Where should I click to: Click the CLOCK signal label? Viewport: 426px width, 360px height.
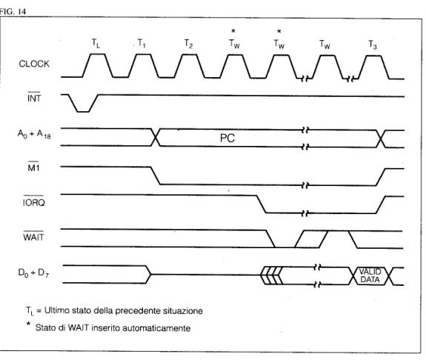click(34, 64)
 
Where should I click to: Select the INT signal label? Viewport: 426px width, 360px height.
click(34, 98)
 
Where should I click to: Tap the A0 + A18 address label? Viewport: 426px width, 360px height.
click(34, 134)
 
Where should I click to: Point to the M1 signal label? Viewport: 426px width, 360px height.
click(33, 167)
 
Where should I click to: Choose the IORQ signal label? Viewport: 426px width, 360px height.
click(33, 201)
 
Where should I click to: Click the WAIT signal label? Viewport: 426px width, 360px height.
click(33, 236)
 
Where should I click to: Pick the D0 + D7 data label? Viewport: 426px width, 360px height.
click(33, 273)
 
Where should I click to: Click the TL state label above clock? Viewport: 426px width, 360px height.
click(96, 43)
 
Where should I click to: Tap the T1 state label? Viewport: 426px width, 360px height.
click(142, 43)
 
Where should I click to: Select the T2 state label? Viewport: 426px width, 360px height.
click(188, 44)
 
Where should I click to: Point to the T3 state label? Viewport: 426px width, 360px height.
click(373, 44)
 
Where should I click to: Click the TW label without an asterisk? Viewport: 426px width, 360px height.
click(325, 44)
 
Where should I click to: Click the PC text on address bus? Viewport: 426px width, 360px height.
click(227, 138)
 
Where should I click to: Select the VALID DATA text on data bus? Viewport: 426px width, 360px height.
click(370, 276)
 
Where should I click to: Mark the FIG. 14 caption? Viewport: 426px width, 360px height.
click(13, 11)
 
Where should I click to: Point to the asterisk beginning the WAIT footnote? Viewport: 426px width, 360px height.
click(28, 324)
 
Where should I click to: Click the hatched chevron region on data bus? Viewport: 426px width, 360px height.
click(272, 276)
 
